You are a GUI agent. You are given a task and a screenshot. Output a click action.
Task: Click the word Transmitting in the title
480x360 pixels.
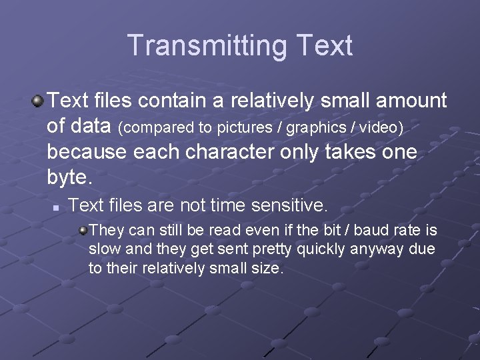[205, 45]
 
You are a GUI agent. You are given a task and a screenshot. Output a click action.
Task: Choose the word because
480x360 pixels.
[87, 152]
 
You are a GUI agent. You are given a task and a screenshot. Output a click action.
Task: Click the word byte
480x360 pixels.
[69, 177]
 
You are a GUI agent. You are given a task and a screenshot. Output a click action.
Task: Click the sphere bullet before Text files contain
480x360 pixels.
[37, 101]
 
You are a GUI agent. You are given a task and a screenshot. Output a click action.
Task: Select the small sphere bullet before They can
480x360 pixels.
[83, 231]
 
